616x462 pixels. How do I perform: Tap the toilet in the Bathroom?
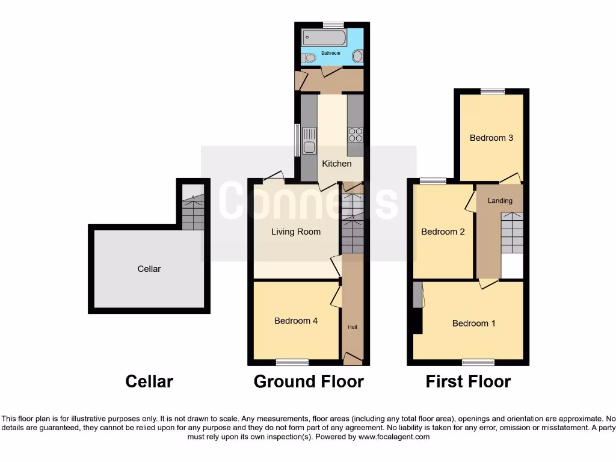click(x=309, y=58)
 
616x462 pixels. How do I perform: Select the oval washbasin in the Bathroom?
click(x=357, y=57)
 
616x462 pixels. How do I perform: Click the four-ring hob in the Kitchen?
click(x=354, y=134)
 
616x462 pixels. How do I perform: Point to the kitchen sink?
click(x=309, y=141)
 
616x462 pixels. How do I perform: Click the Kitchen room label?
click(x=337, y=164)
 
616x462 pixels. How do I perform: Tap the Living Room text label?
click(x=296, y=232)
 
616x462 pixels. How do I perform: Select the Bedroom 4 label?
click(x=296, y=321)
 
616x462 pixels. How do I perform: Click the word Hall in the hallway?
click(x=353, y=327)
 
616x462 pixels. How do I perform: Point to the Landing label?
click(x=500, y=201)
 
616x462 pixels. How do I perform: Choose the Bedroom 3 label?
click(x=491, y=138)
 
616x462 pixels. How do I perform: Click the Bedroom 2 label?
click(x=443, y=232)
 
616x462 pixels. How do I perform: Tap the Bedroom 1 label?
click(x=474, y=323)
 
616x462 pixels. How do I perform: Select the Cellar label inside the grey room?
click(x=149, y=269)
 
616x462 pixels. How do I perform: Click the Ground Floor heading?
click(x=309, y=381)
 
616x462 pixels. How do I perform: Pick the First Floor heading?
click(x=468, y=381)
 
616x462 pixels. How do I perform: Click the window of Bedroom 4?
click(x=292, y=362)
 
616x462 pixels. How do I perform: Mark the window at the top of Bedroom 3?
click(x=492, y=91)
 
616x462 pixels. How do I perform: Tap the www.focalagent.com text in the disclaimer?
click(x=393, y=437)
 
